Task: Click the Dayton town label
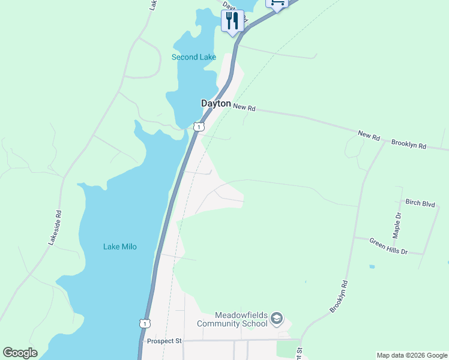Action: pyautogui.click(x=215, y=104)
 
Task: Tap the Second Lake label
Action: pyautogui.click(x=193, y=58)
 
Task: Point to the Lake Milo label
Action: pyautogui.click(x=120, y=247)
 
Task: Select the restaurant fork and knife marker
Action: pyautogui.click(x=232, y=21)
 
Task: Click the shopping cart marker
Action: pyautogui.click(x=277, y=3)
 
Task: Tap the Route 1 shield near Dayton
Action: pyautogui.click(x=199, y=127)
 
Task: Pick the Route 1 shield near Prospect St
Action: pyautogui.click(x=144, y=323)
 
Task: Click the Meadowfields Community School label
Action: pyautogui.click(x=241, y=320)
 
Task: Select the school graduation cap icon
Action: pyautogui.click(x=277, y=318)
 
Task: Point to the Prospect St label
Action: pyautogui.click(x=164, y=341)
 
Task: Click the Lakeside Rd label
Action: pyautogui.click(x=55, y=227)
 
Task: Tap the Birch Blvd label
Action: pyautogui.click(x=420, y=204)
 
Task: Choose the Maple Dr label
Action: pyautogui.click(x=397, y=223)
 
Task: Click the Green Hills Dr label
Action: pyautogui.click(x=388, y=246)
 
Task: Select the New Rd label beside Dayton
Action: pyautogui.click(x=244, y=108)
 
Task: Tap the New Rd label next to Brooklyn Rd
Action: pyautogui.click(x=369, y=137)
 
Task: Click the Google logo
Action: pyautogui.click(x=20, y=353)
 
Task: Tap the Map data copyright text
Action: pyautogui.click(x=412, y=355)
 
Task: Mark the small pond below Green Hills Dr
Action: pyautogui.click(x=373, y=266)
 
